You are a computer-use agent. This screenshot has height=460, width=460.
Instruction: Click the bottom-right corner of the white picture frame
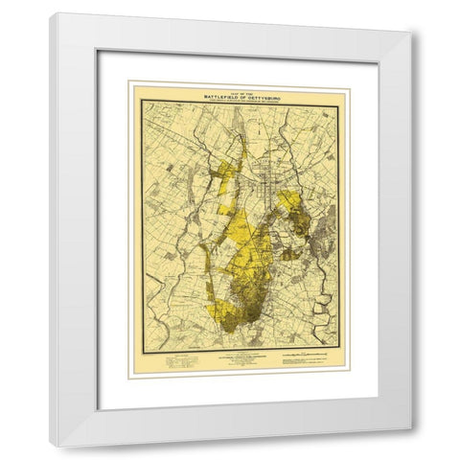[413, 446]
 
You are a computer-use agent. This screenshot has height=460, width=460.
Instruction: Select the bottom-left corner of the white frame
[54, 446]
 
